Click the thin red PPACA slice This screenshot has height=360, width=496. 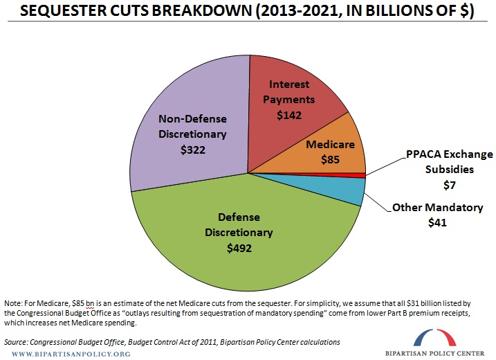coord(359,175)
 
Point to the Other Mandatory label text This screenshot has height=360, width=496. coord(437,207)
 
